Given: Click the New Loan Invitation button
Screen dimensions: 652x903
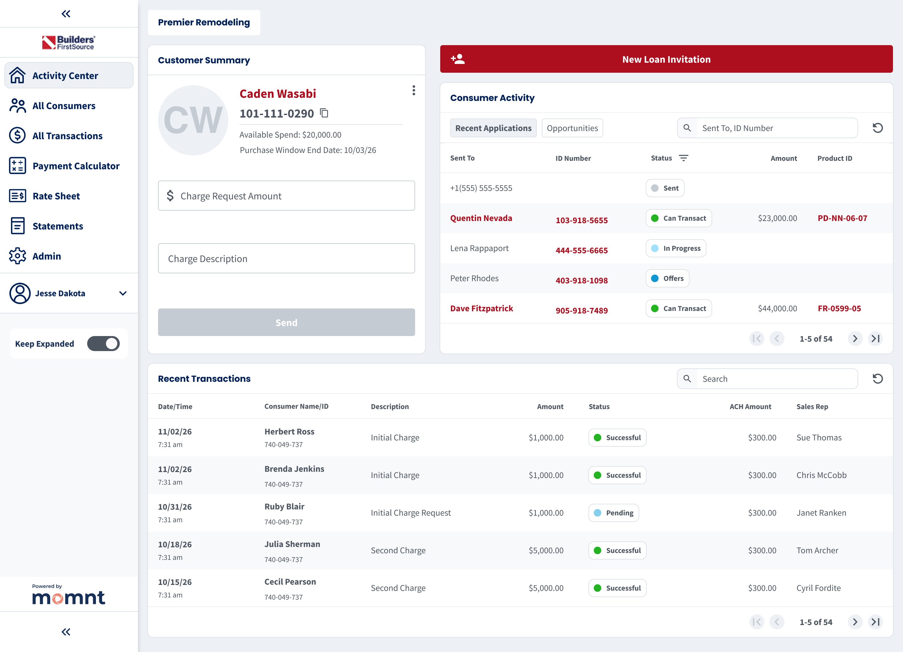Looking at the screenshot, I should [666, 59].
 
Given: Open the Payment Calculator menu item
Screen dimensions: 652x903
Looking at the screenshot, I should [76, 166].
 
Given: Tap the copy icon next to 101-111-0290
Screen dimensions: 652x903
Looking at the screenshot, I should [324, 113].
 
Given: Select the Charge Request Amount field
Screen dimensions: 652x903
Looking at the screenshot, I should [286, 196].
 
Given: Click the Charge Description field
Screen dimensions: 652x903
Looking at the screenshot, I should [286, 259].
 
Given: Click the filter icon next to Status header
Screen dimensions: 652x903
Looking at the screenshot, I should [683, 158].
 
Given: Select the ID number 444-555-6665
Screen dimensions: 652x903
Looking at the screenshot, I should [581, 250].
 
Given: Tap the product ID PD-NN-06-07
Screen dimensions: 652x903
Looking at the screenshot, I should [842, 218].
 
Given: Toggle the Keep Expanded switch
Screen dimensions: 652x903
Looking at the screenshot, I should [103, 344].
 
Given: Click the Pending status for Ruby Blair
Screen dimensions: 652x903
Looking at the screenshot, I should [614, 513].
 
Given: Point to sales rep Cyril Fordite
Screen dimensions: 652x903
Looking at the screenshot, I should [818, 588].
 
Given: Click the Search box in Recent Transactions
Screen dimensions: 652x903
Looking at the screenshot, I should [776, 379].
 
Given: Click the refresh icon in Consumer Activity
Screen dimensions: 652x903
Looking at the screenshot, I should [878, 128].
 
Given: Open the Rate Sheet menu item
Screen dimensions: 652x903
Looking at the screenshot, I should [56, 196].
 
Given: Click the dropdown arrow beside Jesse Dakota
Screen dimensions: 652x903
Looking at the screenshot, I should [123, 293].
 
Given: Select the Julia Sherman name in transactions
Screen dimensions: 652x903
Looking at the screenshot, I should [292, 544].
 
